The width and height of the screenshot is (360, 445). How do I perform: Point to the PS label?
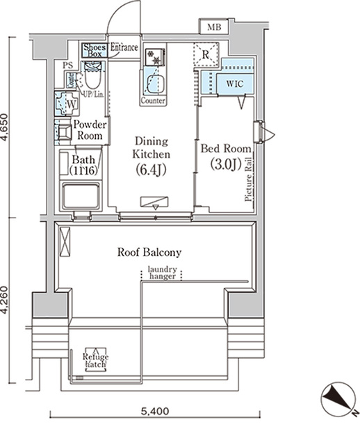[67, 65]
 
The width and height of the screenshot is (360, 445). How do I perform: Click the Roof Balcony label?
[149, 253]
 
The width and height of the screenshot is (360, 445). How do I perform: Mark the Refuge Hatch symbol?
[95, 358]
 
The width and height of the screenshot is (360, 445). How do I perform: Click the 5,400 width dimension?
[154, 411]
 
